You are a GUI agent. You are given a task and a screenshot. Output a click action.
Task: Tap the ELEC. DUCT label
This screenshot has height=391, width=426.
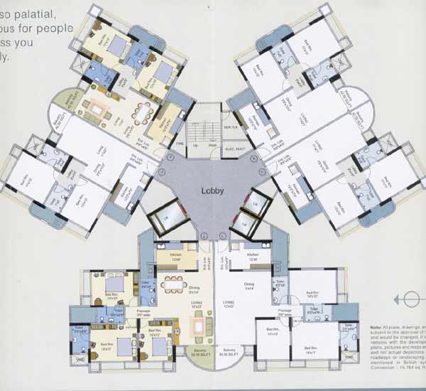click(235, 148)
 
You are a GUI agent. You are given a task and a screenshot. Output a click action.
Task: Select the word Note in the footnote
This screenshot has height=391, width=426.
click(376, 327)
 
